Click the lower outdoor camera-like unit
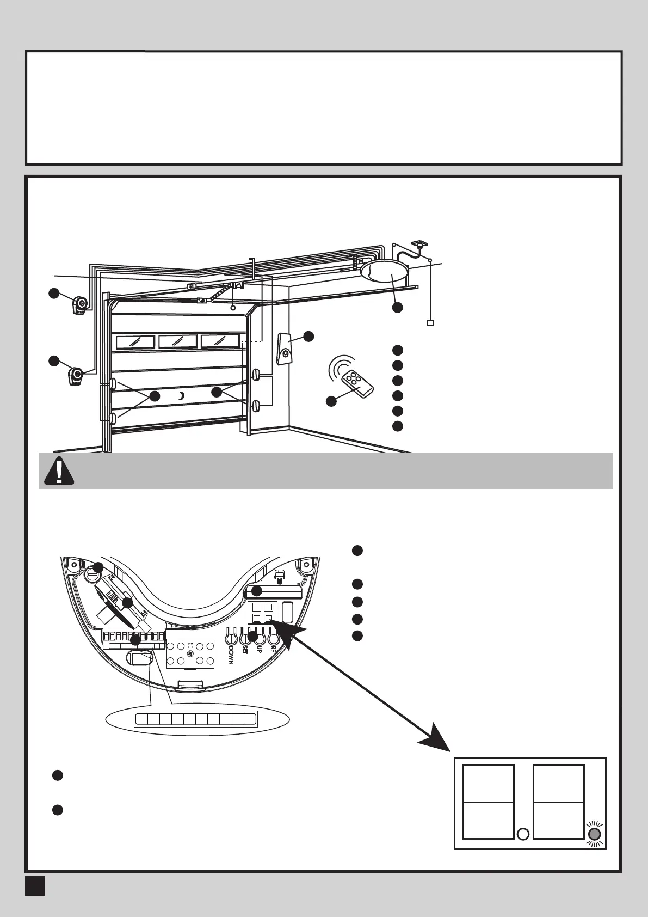[x=77, y=376]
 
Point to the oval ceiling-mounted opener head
[x=385, y=271]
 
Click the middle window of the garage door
[x=177, y=342]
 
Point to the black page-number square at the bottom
[x=35, y=885]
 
